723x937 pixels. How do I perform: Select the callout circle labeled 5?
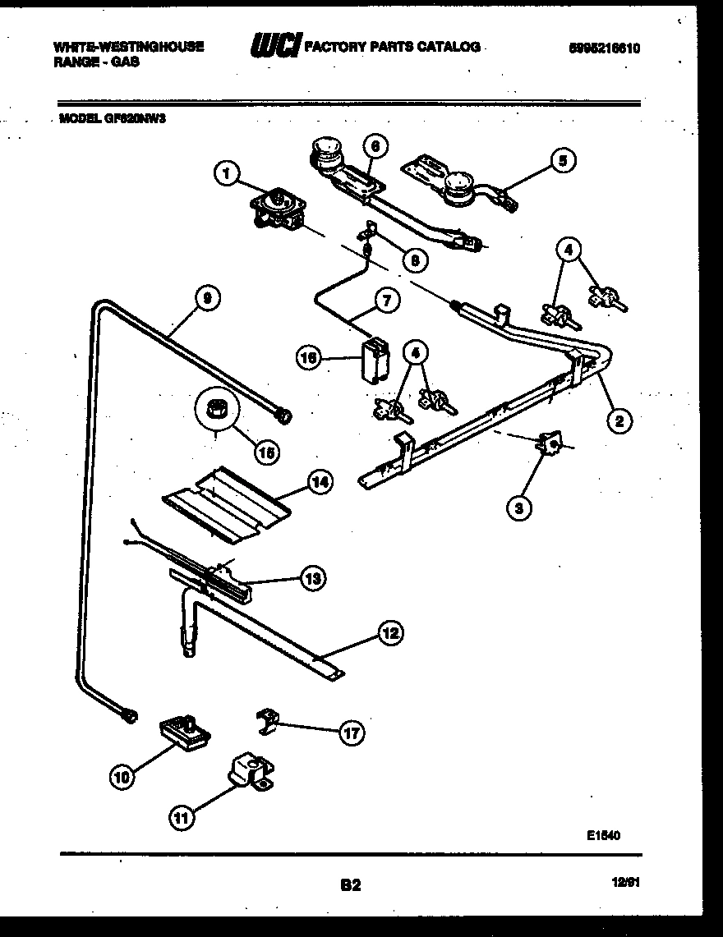point(562,161)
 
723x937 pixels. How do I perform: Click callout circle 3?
point(518,509)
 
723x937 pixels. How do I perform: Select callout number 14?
point(319,482)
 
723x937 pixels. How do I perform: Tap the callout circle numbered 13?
point(311,578)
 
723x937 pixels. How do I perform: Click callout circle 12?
point(390,632)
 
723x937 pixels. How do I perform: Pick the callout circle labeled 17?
point(352,733)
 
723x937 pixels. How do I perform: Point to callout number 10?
point(122,778)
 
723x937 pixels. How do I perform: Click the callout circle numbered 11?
point(182,816)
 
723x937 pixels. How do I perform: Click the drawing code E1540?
point(602,837)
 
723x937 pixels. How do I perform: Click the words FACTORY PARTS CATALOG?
point(393,47)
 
